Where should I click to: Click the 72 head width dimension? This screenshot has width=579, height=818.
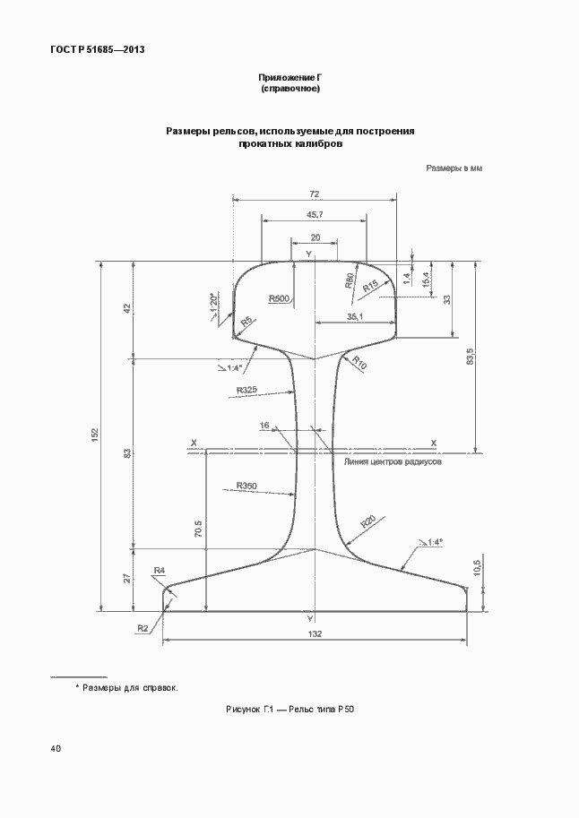click(315, 194)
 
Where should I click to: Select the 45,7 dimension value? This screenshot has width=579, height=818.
click(315, 215)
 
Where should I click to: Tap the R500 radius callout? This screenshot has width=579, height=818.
click(279, 298)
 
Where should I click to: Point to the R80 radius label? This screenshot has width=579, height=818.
click(350, 280)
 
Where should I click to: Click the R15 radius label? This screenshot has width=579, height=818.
click(370, 286)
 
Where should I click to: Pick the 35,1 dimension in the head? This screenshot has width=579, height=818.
click(356, 316)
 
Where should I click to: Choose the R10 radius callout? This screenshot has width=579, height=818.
click(359, 362)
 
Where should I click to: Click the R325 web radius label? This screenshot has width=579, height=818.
click(246, 390)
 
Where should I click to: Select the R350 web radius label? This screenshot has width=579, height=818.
click(246, 486)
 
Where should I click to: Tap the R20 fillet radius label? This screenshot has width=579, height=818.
click(368, 521)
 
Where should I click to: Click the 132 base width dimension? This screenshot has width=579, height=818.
click(315, 633)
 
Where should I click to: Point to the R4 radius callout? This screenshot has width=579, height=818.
click(160, 571)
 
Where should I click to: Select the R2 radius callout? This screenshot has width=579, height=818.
click(143, 628)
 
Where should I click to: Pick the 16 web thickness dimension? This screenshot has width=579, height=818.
click(264, 426)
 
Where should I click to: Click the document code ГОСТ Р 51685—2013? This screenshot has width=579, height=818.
click(98, 49)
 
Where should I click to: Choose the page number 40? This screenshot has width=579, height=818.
click(56, 749)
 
